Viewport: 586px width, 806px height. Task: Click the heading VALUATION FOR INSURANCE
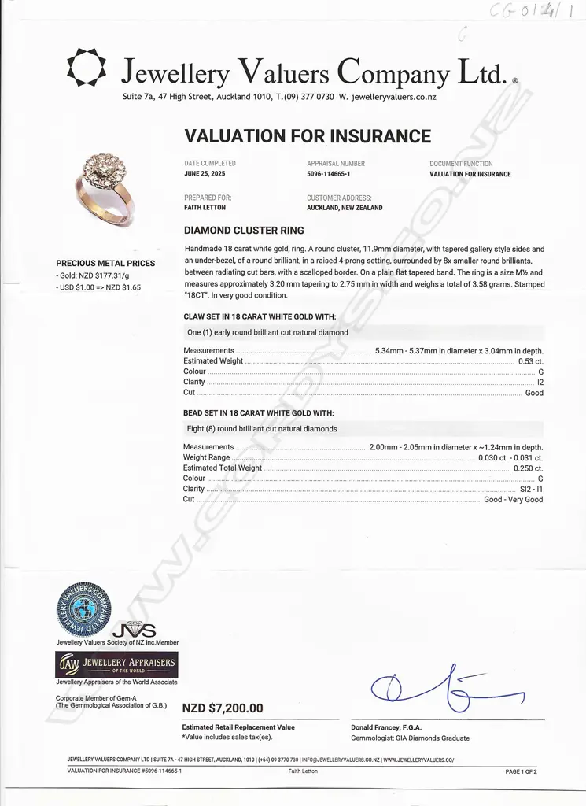(x=307, y=136)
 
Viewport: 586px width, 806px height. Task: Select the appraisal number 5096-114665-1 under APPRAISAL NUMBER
(x=328, y=174)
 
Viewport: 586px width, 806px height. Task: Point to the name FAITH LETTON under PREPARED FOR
(x=205, y=208)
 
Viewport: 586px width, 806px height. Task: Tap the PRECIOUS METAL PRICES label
(x=105, y=264)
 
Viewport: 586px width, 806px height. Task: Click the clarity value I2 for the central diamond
(x=540, y=382)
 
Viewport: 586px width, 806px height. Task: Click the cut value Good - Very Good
(x=513, y=500)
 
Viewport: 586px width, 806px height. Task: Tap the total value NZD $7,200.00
(x=223, y=708)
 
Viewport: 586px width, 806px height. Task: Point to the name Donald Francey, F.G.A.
(x=386, y=727)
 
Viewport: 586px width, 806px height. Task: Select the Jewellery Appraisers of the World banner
(x=116, y=664)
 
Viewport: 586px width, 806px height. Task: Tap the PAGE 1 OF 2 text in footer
(x=521, y=771)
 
